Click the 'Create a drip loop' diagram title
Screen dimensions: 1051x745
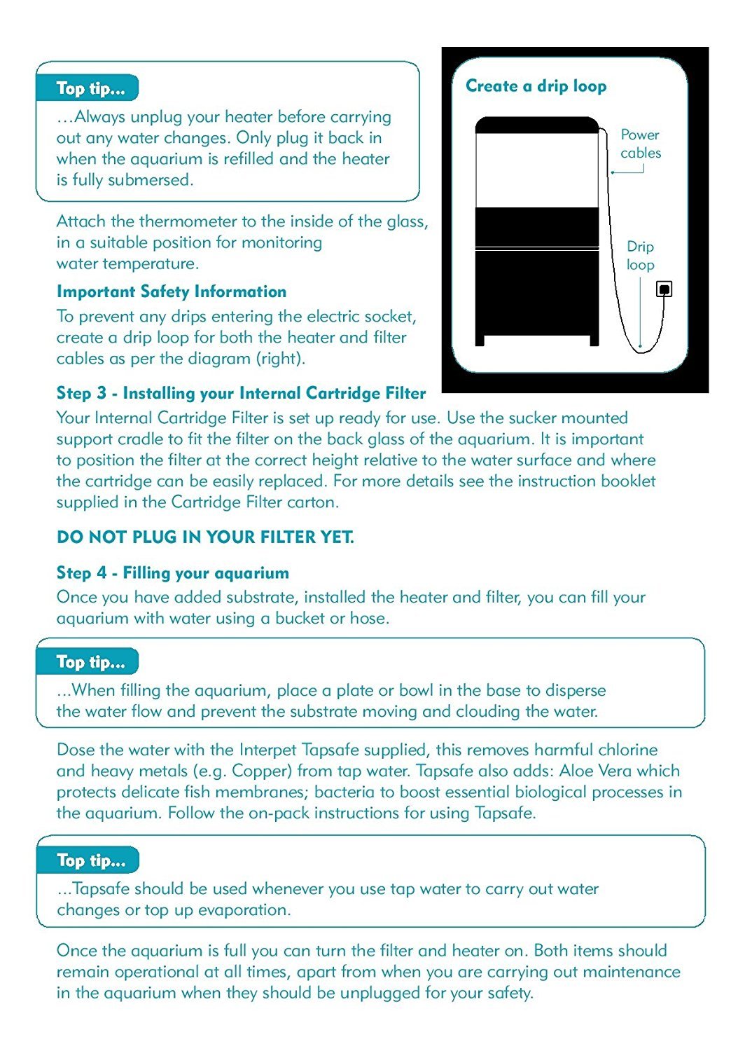click(x=536, y=86)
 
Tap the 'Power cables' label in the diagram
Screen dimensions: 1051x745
click(x=640, y=144)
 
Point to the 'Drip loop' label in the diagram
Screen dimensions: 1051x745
click(x=640, y=256)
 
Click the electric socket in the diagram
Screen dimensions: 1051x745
click(x=664, y=289)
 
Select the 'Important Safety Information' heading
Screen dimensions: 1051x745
click(x=172, y=291)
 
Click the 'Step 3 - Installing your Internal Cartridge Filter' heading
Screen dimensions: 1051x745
click(x=241, y=393)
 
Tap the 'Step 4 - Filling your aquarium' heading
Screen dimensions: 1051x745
click(x=172, y=573)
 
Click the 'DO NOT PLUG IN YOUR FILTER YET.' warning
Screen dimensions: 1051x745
click(x=205, y=537)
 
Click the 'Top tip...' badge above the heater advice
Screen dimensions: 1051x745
click(x=90, y=89)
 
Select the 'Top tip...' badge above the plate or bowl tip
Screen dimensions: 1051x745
click(x=90, y=662)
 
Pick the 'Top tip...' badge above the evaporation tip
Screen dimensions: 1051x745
click(x=90, y=860)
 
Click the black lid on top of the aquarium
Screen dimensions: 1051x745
click(x=537, y=125)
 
